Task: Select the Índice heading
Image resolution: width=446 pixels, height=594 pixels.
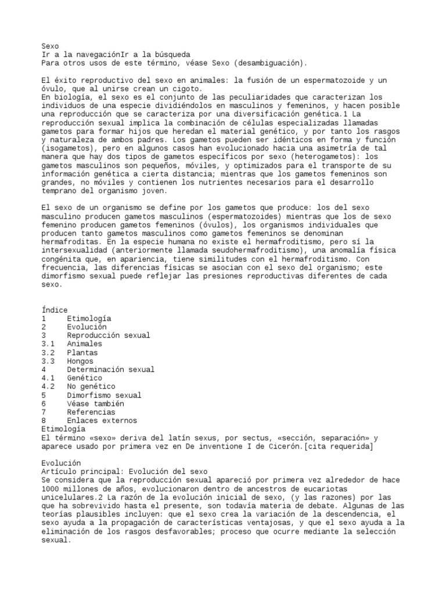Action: pyautogui.click(x=55, y=310)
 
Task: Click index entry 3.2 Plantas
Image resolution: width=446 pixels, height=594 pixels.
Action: pyautogui.click(x=82, y=353)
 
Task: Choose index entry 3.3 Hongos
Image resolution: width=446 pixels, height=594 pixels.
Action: pyautogui.click(x=80, y=361)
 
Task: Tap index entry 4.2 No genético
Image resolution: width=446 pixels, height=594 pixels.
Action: pyautogui.click(x=91, y=386)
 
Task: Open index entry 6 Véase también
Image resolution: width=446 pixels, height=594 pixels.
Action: pyautogui.click(x=95, y=403)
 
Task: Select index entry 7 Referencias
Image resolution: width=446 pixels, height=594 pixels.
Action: pyautogui.click(x=91, y=412)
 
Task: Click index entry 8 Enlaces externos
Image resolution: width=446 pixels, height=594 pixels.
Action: pyautogui.click(x=102, y=421)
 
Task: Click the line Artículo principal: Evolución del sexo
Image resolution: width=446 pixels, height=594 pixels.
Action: pyautogui.click(x=124, y=472)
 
